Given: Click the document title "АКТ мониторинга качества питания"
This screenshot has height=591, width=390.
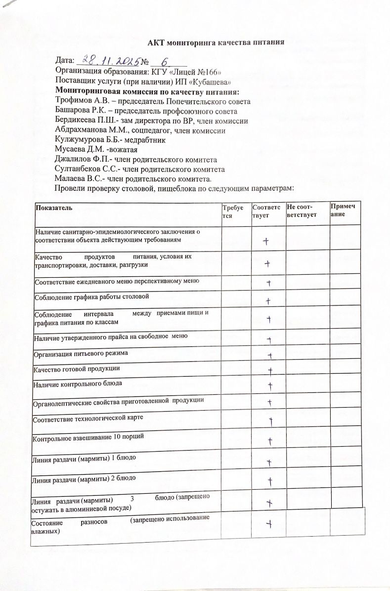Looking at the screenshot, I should click(x=216, y=42).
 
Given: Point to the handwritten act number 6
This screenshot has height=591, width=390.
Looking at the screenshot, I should click(x=165, y=61).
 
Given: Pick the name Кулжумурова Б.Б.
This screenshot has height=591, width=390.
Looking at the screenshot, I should click(x=87, y=140).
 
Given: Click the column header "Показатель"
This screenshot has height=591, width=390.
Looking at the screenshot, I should click(x=54, y=208).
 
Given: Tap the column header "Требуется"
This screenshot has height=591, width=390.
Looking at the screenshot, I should click(x=230, y=212).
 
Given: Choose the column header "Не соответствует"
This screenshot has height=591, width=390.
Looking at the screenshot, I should click(x=302, y=212).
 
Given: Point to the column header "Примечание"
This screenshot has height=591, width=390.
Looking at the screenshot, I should click(x=346, y=211).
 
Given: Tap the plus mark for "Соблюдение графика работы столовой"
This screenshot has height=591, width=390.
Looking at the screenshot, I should click(x=268, y=300).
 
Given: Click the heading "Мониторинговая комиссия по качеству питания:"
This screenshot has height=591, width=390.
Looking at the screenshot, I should click(x=147, y=92).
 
